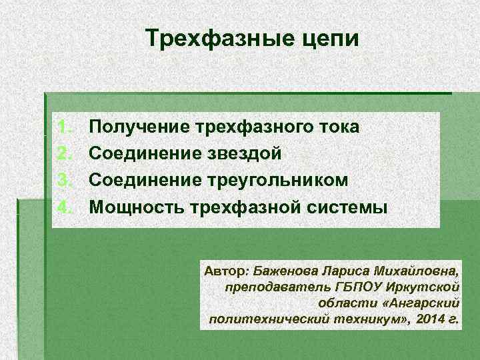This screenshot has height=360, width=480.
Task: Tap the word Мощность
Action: [x=137, y=207]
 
